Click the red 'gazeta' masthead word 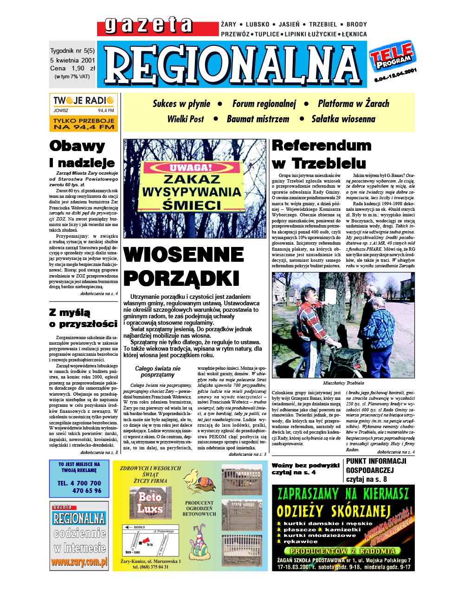(148, 25)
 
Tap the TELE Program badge (392, 57)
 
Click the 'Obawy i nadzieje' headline (82, 154)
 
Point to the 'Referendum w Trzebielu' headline (321, 154)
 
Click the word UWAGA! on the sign (191, 168)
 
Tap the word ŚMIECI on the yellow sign (192, 204)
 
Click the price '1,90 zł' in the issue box (81, 68)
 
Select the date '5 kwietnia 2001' (72, 60)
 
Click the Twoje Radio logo (84, 101)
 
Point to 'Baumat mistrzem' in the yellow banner (258, 119)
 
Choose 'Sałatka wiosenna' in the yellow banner (343, 119)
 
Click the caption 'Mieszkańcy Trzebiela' (343, 383)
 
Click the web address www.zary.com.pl (79, 562)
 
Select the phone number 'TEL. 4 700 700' (79, 483)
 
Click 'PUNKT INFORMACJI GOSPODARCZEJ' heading (376, 466)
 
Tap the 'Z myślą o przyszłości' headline (83, 318)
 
